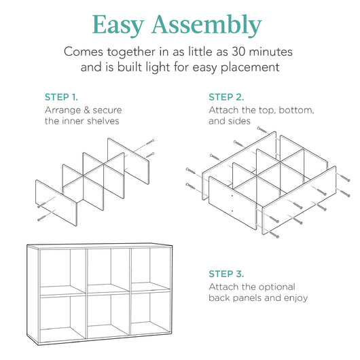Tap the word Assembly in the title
tap(207, 26)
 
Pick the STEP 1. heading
tap(66, 96)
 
